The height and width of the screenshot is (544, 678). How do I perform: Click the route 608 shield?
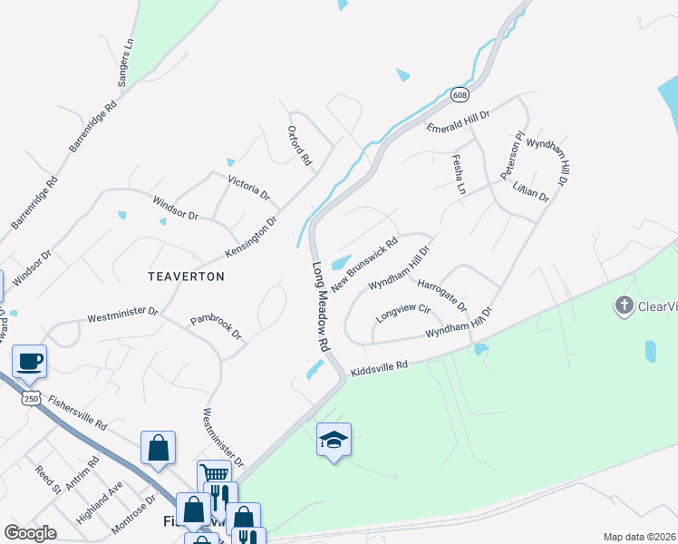point(460,93)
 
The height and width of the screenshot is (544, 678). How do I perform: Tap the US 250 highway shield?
point(30,399)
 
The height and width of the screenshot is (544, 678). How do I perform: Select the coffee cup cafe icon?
point(29,361)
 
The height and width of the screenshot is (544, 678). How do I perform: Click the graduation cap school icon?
point(334,441)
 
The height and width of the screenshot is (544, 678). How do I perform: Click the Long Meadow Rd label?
point(321,308)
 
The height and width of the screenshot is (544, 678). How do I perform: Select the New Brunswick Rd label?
point(364,265)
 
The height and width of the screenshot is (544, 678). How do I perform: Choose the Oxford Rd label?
point(299,145)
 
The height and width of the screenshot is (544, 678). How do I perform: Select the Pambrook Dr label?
point(216,326)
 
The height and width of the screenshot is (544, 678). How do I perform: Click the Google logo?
point(31,532)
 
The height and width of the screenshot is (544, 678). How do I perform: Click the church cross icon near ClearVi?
point(624,306)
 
